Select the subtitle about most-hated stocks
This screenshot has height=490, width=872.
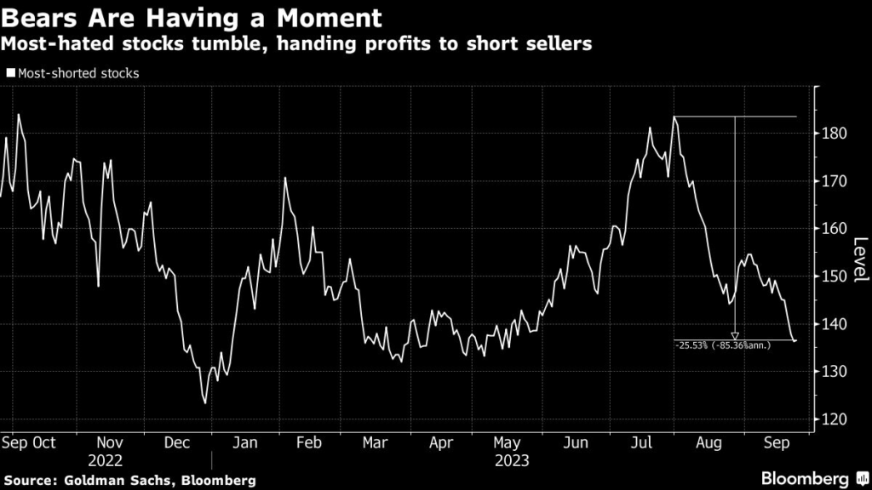(x=296, y=44)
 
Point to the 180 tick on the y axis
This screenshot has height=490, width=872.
(x=835, y=134)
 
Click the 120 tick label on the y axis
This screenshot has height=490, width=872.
(x=835, y=419)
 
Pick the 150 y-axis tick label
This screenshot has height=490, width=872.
(x=835, y=276)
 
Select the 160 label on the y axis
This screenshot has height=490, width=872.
(x=835, y=229)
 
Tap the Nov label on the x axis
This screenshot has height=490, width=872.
(x=112, y=442)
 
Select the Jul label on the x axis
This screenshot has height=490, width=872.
(x=642, y=442)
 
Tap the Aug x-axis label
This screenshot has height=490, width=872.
(x=708, y=442)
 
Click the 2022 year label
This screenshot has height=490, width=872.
(x=112, y=460)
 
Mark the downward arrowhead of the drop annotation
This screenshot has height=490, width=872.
(x=735, y=336)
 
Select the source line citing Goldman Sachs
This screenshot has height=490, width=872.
(x=129, y=481)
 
